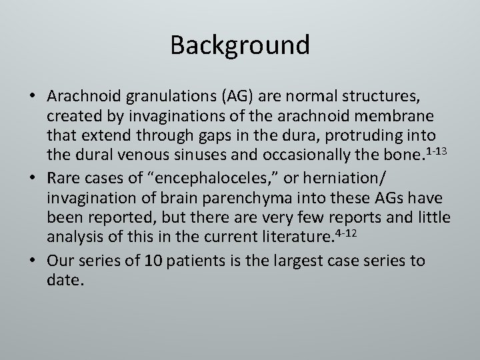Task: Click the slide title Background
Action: coord(239,45)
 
